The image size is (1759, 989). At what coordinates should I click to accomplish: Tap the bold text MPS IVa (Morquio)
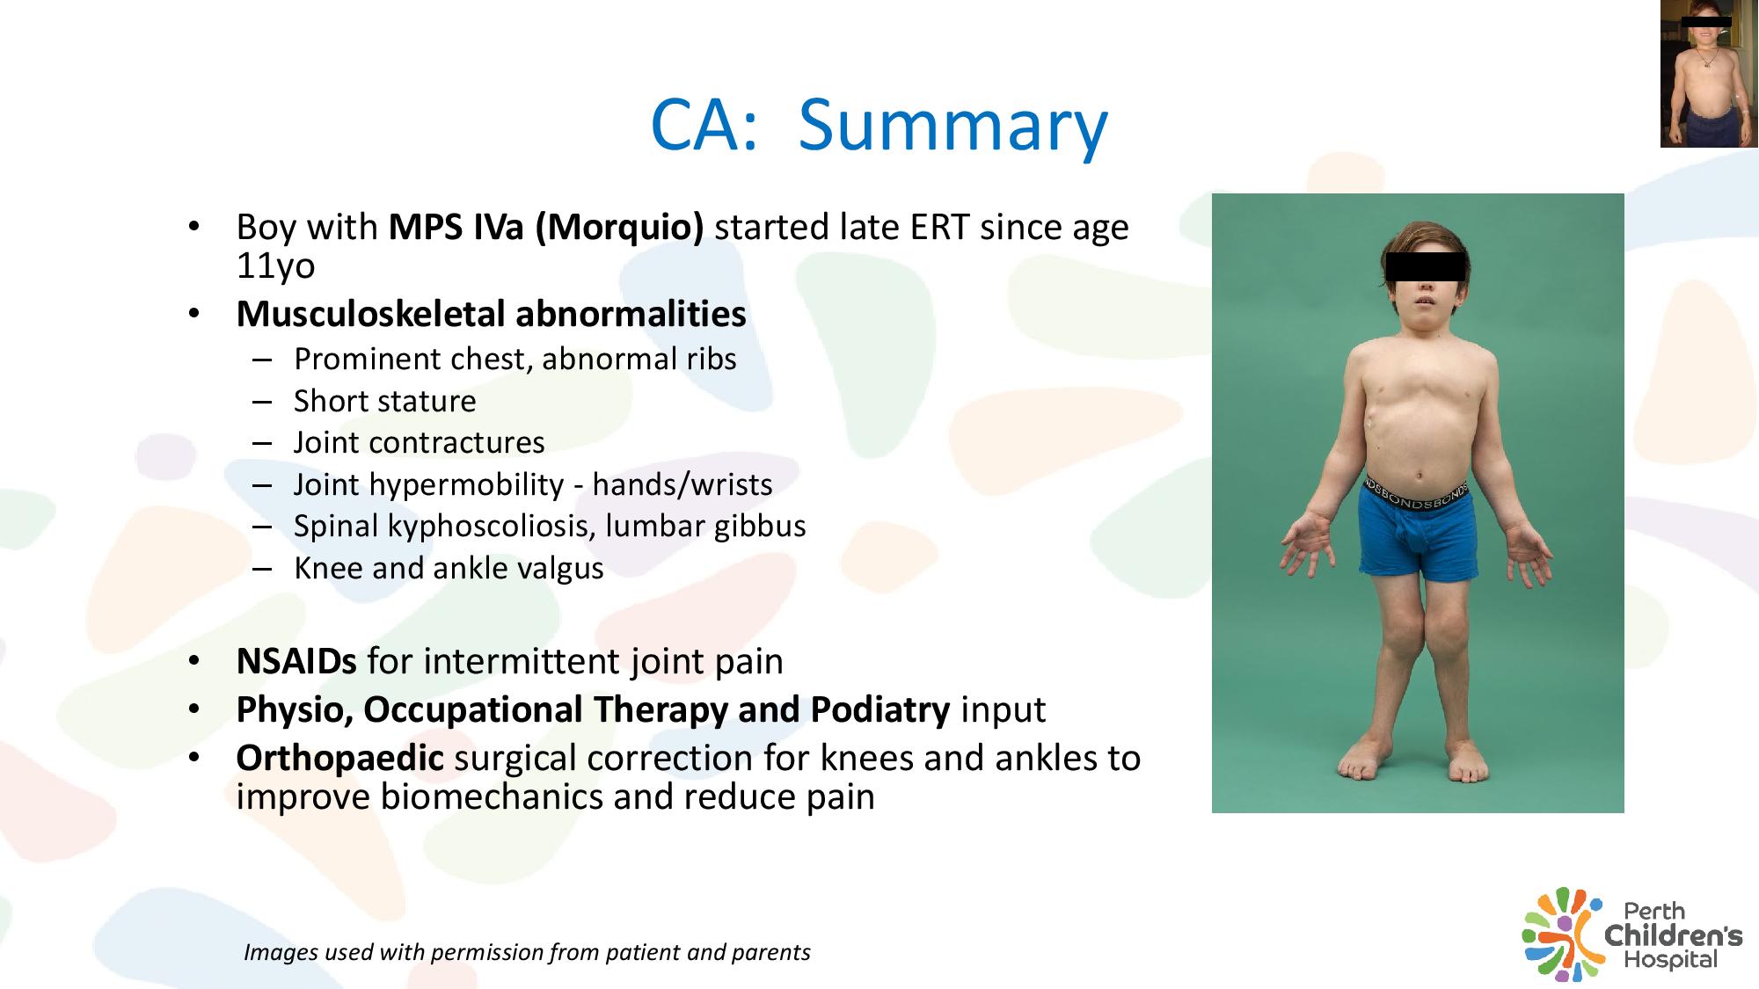pyautogui.click(x=546, y=228)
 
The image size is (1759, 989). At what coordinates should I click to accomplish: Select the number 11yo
pyautogui.click(x=275, y=265)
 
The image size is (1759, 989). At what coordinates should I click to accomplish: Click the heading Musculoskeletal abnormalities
pyautogui.click(x=491, y=314)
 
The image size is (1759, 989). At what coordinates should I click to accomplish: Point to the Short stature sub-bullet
pyautogui.click(x=384, y=401)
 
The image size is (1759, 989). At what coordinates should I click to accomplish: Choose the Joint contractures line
pyautogui.click(x=419, y=442)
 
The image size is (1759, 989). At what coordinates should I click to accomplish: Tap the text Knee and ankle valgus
pyautogui.click(x=449, y=569)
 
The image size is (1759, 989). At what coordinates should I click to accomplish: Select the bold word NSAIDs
pyautogui.click(x=296, y=661)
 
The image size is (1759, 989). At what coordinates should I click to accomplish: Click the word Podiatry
pyautogui.click(x=879, y=710)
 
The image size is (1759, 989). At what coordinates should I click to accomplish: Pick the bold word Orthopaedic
pyautogui.click(x=339, y=758)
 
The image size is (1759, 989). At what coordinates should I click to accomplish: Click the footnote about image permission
pyautogui.click(x=527, y=952)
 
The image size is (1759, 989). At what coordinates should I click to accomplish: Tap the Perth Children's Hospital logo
pyautogui.click(x=1632, y=934)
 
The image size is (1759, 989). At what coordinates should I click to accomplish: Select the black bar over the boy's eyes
pyautogui.click(x=1425, y=266)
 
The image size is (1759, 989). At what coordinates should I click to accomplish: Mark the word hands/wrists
pyautogui.click(x=682, y=484)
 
